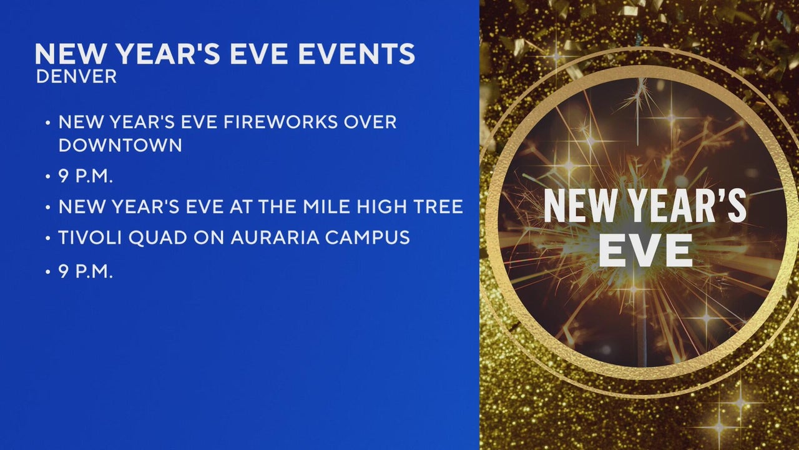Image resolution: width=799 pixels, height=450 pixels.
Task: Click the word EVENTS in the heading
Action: click(356, 54)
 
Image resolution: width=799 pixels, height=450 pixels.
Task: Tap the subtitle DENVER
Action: click(76, 77)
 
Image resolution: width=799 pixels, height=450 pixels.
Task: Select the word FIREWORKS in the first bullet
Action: click(280, 122)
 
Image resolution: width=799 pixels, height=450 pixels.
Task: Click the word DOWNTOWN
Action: click(120, 146)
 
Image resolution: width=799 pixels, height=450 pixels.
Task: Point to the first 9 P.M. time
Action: click(86, 176)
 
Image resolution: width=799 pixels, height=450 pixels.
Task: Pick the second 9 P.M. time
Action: click(86, 272)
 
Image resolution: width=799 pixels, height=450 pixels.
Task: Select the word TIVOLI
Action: click(91, 237)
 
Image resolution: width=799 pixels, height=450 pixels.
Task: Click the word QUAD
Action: click(158, 238)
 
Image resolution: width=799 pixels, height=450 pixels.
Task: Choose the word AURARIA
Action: click(275, 237)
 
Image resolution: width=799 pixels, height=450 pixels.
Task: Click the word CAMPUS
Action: click(368, 237)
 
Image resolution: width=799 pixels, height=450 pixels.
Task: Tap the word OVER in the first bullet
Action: click(370, 122)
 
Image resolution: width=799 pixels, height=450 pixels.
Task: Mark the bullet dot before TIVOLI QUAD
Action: click(48, 238)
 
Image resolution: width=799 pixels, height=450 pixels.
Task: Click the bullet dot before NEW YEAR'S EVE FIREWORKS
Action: click(48, 122)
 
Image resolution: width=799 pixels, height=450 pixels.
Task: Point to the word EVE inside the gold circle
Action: click(645, 251)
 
